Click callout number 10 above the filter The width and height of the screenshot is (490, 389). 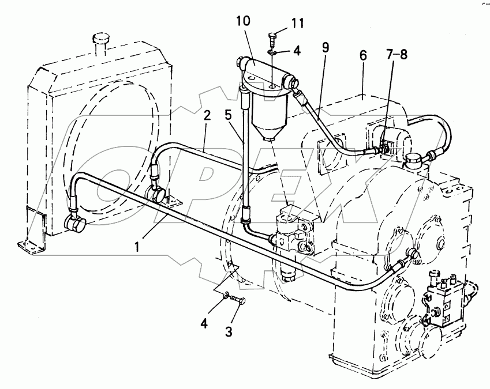click(244, 21)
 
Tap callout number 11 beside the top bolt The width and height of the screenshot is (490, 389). click(297, 23)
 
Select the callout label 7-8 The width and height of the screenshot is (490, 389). click(397, 54)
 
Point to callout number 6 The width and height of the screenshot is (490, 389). click(363, 55)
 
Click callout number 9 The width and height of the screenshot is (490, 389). click(326, 47)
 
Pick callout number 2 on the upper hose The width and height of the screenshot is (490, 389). click(207, 115)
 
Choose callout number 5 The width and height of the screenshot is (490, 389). click(229, 115)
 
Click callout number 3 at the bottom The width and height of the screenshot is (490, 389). click(229, 332)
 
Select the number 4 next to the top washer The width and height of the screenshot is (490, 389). click(297, 51)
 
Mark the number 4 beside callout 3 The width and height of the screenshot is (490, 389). click(204, 324)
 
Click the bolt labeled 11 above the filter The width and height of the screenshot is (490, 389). click(272, 39)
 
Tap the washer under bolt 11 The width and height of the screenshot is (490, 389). click(272, 53)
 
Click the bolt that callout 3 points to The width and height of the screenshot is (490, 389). click(238, 300)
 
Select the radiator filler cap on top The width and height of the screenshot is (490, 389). click(101, 40)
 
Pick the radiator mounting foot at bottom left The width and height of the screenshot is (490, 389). click(32, 244)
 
